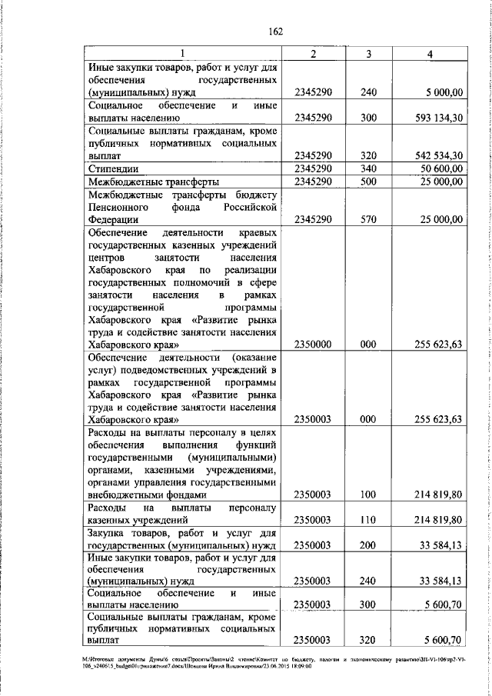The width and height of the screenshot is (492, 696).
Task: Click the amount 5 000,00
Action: (x=442, y=93)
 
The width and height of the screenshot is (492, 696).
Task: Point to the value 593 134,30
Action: (x=436, y=118)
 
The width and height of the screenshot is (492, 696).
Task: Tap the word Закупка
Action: (x=110, y=533)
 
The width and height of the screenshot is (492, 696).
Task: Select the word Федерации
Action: (x=115, y=219)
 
